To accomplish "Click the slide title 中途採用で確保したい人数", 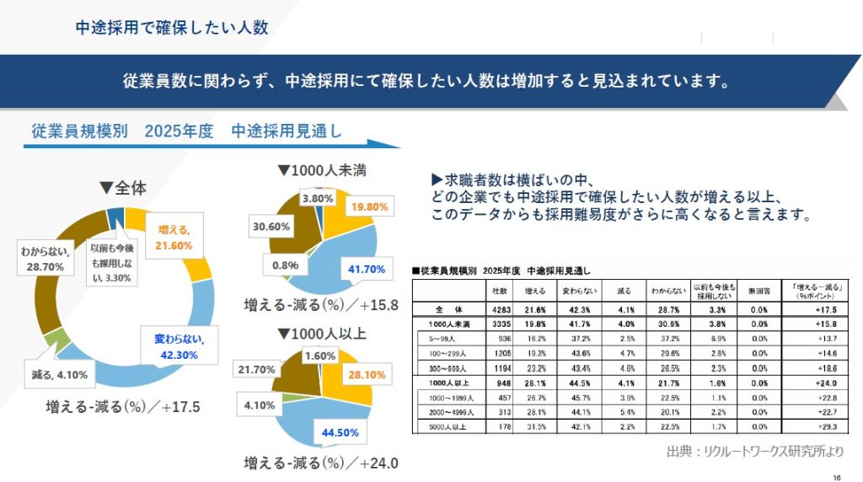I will coord(171,27).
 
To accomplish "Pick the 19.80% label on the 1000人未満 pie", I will coord(368,206).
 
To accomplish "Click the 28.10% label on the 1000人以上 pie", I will coord(369,373).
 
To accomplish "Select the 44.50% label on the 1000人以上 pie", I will coord(341,432).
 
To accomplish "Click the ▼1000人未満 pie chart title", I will coord(322,170).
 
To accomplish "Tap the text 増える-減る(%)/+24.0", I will coord(320,463).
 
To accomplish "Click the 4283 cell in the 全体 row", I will coord(498,309).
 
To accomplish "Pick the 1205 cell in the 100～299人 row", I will coord(498,353).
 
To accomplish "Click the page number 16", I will coord(836,473).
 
